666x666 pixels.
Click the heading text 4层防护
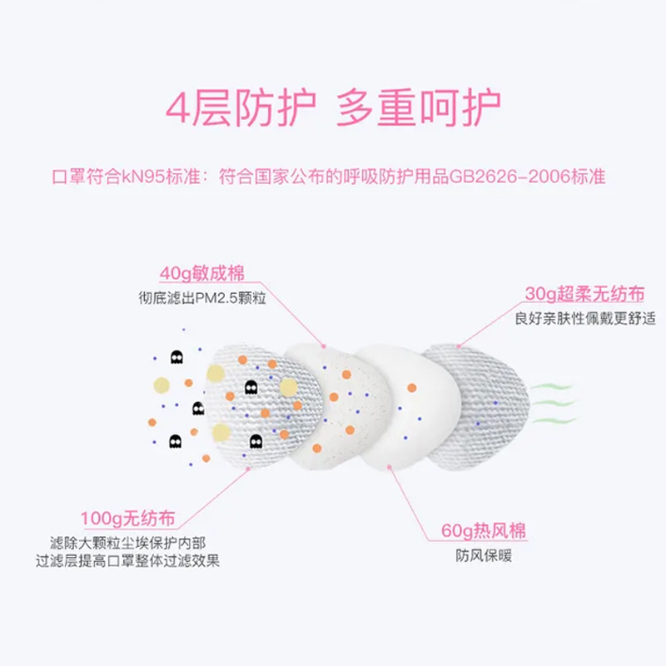241,108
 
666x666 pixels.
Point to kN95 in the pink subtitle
141,176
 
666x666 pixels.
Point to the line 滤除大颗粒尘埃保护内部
126,542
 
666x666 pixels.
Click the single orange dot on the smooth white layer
410,388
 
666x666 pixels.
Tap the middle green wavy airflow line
553,402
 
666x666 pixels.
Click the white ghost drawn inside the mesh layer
251,387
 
